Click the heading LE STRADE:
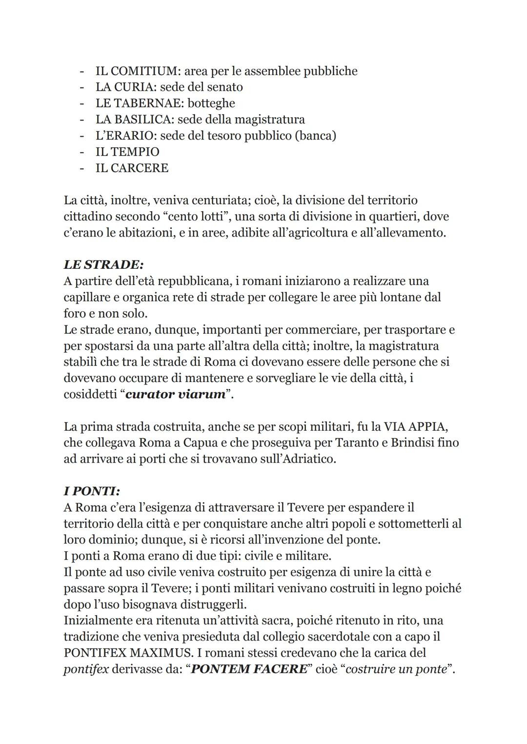[x=103, y=265]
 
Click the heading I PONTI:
[x=92, y=491]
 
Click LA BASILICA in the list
[x=134, y=120]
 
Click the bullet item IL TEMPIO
[x=127, y=152]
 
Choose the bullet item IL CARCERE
[x=132, y=168]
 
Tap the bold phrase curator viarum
[x=176, y=394]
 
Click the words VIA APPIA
[x=415, y=427]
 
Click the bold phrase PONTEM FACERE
[x=248, y=669]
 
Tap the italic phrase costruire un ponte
[x=396, y=669]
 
